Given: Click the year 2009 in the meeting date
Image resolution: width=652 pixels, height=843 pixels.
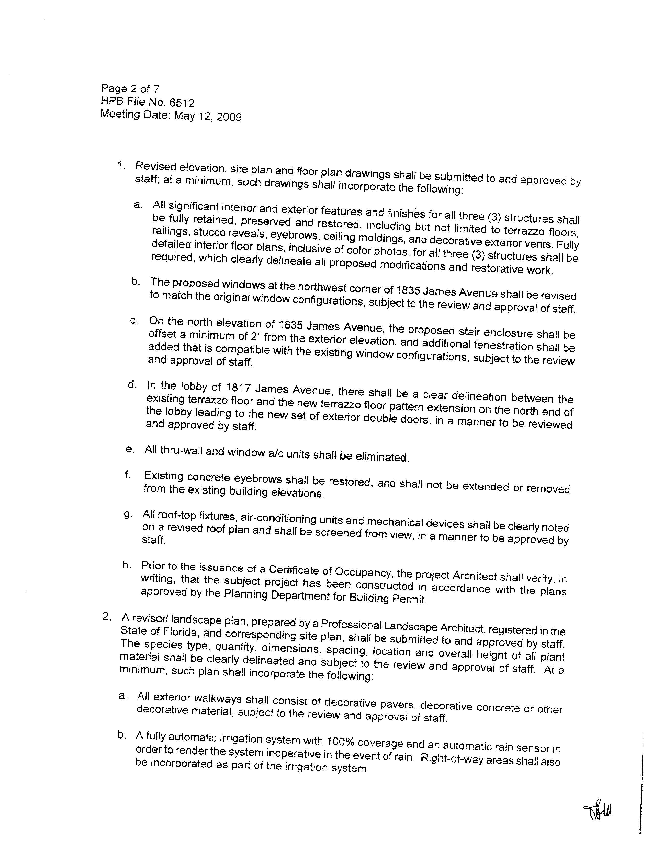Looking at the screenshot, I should pyautogui.click(x=229, y=116).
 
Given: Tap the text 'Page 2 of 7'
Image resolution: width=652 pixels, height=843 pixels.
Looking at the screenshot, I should pyautogui.click(x=130, y=89).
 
